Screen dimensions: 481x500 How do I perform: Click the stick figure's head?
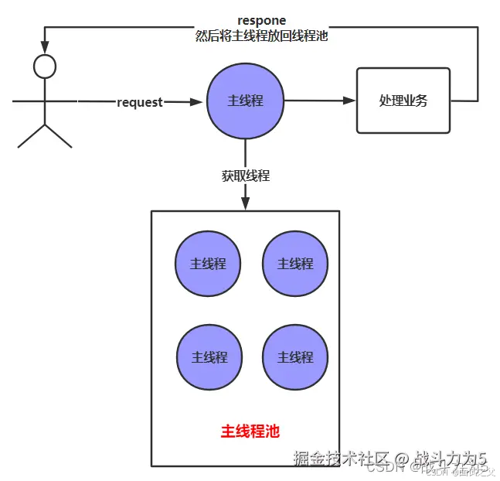tap(46, 67)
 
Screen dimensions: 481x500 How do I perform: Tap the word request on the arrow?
tap(140, 102)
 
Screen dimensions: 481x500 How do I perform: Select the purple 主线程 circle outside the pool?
tap(246, 101)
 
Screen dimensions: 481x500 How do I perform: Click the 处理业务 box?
tap(403, 101)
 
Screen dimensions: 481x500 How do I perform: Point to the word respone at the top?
tap(261, 20)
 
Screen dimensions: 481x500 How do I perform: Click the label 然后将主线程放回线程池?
tap(261, 36)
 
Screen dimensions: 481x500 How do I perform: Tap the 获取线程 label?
tap(246, 176)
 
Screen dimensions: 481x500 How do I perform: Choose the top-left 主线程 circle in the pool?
tap(208, 264)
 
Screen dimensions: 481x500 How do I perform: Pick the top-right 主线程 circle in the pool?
tap(295, 264)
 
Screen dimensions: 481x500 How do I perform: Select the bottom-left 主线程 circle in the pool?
tap(209, 357)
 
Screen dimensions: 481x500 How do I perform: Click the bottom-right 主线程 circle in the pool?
tap(295, 357)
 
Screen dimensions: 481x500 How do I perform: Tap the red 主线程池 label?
tap(250, 431)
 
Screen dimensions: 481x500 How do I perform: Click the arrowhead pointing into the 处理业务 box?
tap(349, 101)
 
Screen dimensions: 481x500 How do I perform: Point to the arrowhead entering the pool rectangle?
tap(246, 203)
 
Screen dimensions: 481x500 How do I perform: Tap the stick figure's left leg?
tap(31, 135)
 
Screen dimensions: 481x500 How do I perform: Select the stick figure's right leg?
tap(60, 135)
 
